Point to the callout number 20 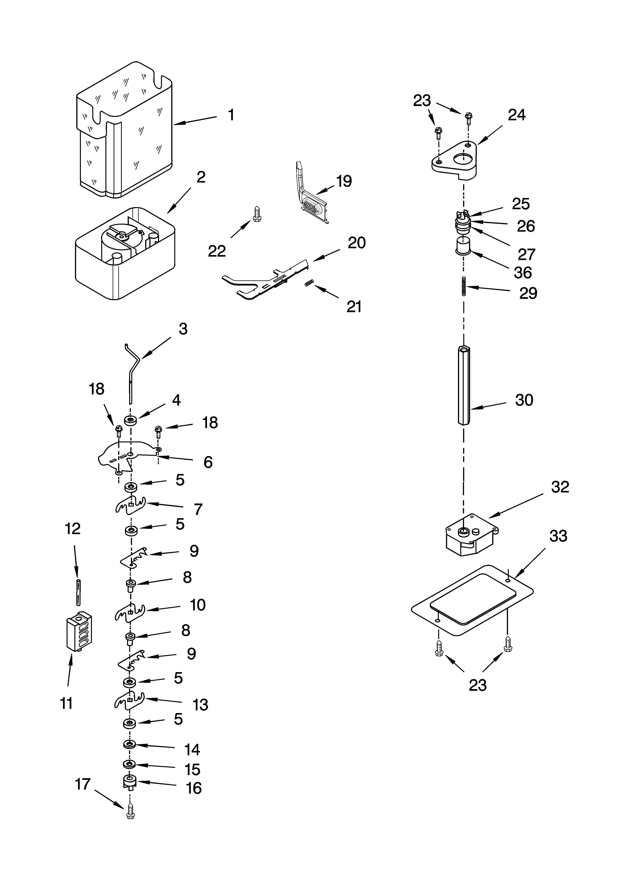click(356, 243)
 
